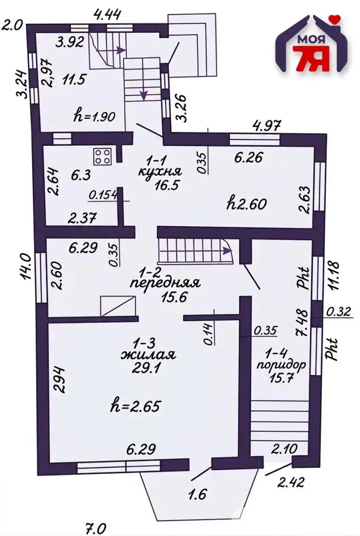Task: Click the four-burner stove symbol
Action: point(102,157)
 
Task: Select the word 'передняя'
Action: point(165,283)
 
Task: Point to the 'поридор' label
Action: point(281,365)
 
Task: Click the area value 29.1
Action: point(148,368)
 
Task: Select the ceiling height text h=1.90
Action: point(94,116)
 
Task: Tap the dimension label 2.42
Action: point(290,482)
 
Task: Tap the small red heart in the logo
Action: point(336,19)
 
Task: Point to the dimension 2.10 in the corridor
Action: point(285,448)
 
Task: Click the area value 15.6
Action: point(174,297)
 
